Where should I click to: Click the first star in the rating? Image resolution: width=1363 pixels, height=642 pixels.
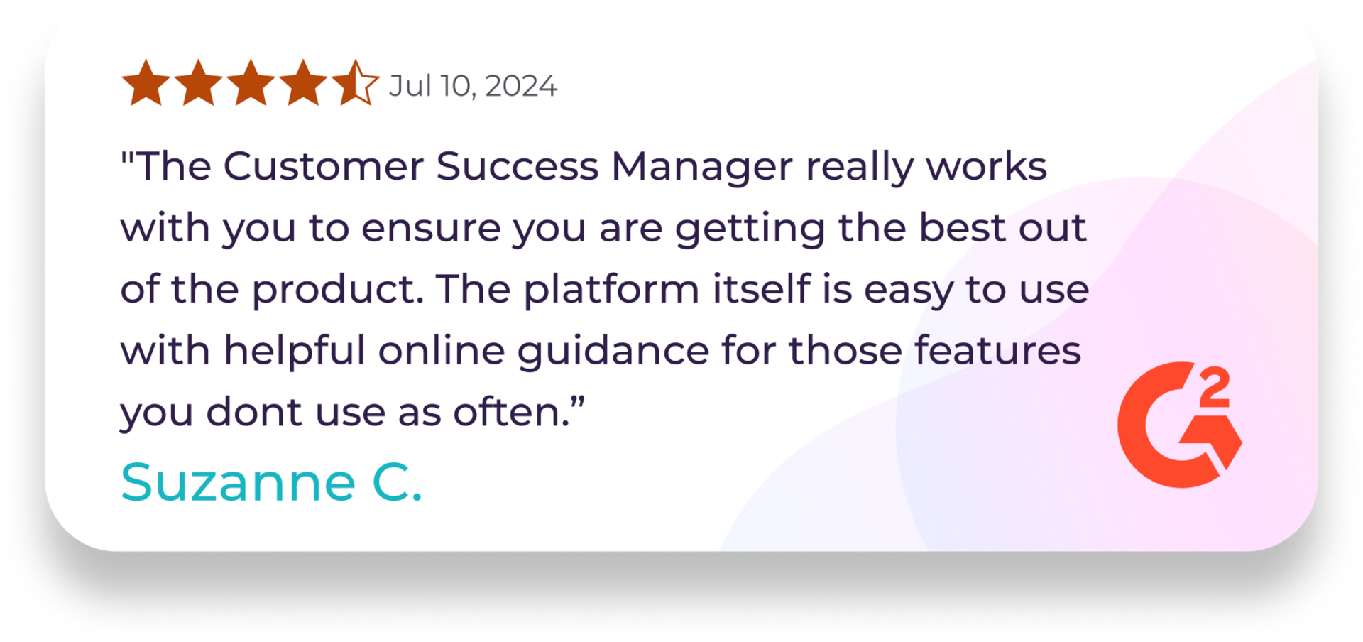tap(146, 84)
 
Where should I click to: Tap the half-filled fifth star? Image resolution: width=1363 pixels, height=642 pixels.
tap(355, 84)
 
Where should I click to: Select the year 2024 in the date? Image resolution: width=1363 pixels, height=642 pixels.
tap(521, 86)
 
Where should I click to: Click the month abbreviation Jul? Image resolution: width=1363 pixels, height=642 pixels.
tap(410, 86)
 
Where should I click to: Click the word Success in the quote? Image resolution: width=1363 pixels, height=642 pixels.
tap(517, 166)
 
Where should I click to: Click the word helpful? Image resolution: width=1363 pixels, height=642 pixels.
tap(295, 350)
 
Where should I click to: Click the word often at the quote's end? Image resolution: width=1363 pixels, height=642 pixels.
tap(513, 412)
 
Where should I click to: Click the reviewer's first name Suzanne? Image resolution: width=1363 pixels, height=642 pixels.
tap(238, 482)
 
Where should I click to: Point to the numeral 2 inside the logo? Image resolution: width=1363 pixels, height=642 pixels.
tap(1215, 388)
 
